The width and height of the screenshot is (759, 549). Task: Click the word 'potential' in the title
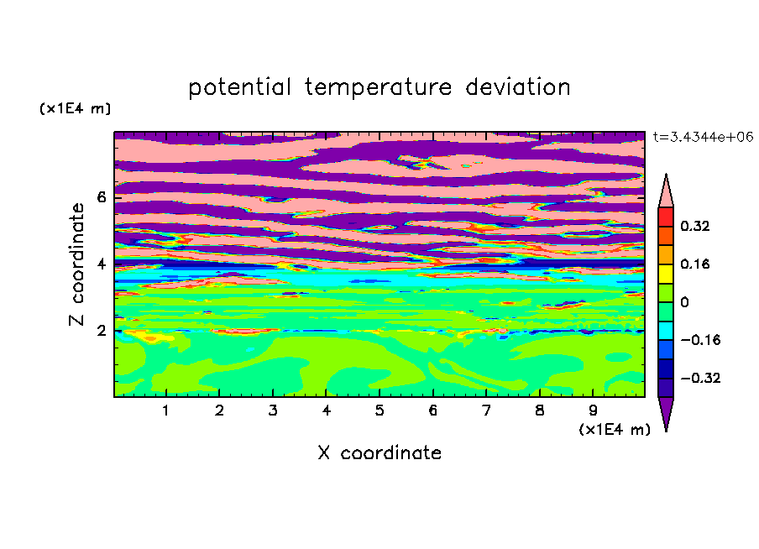pyautogui.click(x=239, y=87)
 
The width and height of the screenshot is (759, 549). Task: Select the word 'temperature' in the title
pyautogui.click(x=379, y=87)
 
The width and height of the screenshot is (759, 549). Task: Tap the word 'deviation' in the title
pyautogui.click(x=518, y=86)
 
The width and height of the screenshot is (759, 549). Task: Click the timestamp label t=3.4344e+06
pyautogui.click(x=703, y=137)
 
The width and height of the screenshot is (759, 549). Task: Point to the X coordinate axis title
pyautogui.click(x=379, y=452)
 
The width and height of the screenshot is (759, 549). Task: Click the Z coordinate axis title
pyautogui.click(x=76, y=264)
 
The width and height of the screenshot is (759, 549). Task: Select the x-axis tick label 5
pyautogui.click(x=379, y=410)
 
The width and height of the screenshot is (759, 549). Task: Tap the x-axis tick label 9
pyautogui.click(x=593, y=410)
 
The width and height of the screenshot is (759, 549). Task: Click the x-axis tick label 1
pyautogui.click(x=166, y=410)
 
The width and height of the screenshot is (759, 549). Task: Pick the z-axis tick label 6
pyautogui.click(x=101, y=197)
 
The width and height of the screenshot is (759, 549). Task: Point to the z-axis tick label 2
pyautogui.click(x=101, y=331)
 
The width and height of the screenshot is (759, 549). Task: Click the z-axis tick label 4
pyautogui.click(x=101, y=264)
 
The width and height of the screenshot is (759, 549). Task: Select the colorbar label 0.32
pyautogui.click(x=695, y=226)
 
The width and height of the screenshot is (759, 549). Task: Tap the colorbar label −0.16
pyautogui.click(x=700, y=340)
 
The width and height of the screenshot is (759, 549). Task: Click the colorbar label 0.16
pyautogui.click(x=695, y=264)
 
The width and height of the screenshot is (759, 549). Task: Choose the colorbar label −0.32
pyautogui.click(x=700, y=378)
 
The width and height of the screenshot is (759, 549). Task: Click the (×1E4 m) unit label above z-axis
pyautogui.click(x=75, y=108)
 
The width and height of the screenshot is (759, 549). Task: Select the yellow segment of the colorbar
pyautogui.click(x=666, y=274)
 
